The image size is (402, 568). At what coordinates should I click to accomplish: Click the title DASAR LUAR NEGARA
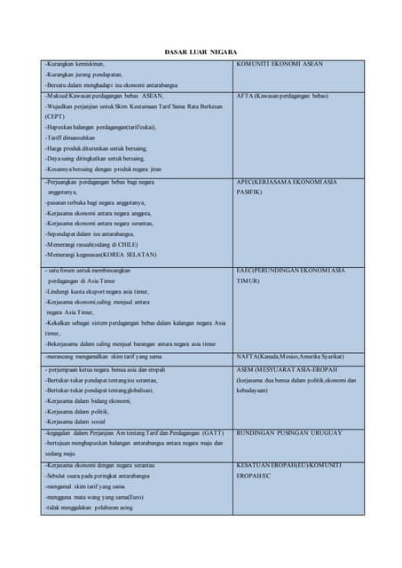click(201, 52)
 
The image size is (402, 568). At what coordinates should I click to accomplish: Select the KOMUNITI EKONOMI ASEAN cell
click(279, 65)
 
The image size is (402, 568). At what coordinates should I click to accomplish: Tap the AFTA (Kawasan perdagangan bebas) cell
click(282, 95)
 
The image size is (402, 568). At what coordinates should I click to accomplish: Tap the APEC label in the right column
click(287, 181)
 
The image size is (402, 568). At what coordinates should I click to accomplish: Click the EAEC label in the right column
click(290, 270)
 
